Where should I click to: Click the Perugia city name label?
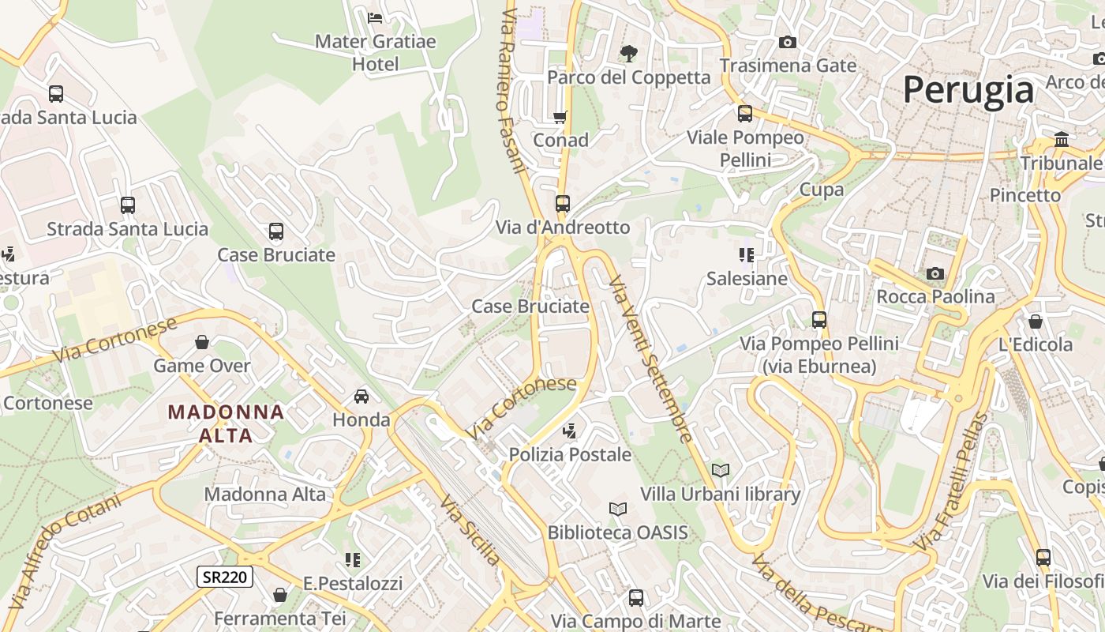tap(968, 89)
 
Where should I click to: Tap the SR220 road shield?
tap(225, 577)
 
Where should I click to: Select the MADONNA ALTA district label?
tap(226, 423)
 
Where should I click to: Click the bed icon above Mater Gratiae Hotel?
tap(375, 17)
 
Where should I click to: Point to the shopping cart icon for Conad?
tap(560, 117)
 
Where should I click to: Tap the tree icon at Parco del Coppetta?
tap(629, 54)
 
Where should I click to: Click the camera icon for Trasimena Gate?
tap(787, 42)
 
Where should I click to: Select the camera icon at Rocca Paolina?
tap(935, 273)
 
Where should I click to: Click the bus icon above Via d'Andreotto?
tap(562, 204)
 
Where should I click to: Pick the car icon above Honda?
tap(361, 396)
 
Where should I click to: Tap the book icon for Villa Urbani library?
tap(720, 470)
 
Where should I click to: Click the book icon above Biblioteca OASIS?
tap(618, 509)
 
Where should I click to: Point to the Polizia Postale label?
tap(570, 454)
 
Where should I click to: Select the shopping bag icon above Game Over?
tap(202, 342)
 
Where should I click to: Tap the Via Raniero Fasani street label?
tap(511, 91)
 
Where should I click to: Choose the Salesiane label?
tap(747, 278)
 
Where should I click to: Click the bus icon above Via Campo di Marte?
tap(636, 598)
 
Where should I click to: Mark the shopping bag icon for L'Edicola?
tap(1036, 322)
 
